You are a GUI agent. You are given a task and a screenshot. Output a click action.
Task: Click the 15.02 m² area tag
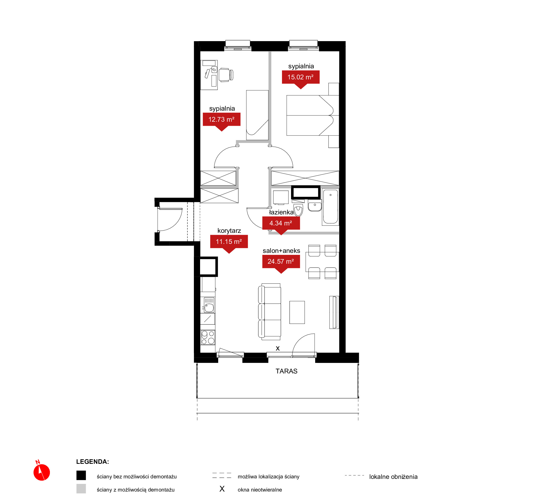tap(301, 77)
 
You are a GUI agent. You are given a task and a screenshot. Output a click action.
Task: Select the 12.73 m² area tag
tap(222, 120)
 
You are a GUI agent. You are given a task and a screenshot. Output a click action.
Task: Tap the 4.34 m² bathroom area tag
tap(281, 223)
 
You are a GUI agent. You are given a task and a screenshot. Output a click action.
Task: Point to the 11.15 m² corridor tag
tap(229, 242)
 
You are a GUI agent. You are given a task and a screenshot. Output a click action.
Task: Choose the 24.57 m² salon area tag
tap(281, 261)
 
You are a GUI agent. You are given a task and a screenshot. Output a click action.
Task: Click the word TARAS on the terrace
tap(286, 371)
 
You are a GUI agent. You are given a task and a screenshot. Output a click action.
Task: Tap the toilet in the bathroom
tap(298, 210)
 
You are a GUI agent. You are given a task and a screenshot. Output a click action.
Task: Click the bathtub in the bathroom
tap(330, 207)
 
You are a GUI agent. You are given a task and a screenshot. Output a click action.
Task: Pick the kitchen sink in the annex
tap(209, 305)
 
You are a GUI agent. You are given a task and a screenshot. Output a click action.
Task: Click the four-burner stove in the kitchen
tap(208, 337)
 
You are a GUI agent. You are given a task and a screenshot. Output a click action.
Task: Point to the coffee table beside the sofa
tap(297, 312)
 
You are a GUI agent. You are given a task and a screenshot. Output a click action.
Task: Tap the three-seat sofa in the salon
tap(269, 312)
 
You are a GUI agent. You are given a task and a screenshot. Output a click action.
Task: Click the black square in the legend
tap(81, 475)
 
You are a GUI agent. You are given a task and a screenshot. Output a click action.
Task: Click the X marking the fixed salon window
tap(278, 348)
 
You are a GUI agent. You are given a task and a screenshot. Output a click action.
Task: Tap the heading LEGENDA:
tap(92, 462)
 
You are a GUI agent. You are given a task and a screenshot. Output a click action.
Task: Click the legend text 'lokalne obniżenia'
tap(393, 477)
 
